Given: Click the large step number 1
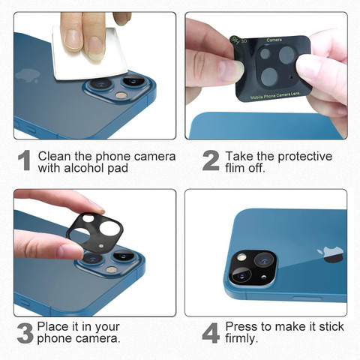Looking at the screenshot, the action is click(24, 160).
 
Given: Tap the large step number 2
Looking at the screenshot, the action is click(211, 160).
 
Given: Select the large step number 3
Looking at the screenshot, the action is click(25, 333).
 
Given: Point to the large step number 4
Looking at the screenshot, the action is click(211, 333).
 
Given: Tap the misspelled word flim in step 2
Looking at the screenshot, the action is click(235, 168).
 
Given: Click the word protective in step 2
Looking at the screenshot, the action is click(304, 157).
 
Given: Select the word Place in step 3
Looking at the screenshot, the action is click(53, 326).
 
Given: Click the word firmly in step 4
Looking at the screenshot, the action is click(241, 338).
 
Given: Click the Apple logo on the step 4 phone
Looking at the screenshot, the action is click(330, 254).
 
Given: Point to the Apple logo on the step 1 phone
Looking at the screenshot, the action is click(28, 75).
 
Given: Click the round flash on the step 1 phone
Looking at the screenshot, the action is click(121, 95).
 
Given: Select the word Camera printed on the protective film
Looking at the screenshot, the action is click(274, 40).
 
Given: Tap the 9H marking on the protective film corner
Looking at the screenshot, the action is click(235, 40).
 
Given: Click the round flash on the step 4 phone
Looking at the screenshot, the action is click(241, 257).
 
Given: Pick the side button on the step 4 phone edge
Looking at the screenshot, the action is click(307, 298).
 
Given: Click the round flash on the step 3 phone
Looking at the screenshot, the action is click(111, 269).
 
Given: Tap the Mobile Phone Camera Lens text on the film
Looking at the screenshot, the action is click(275, 95).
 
